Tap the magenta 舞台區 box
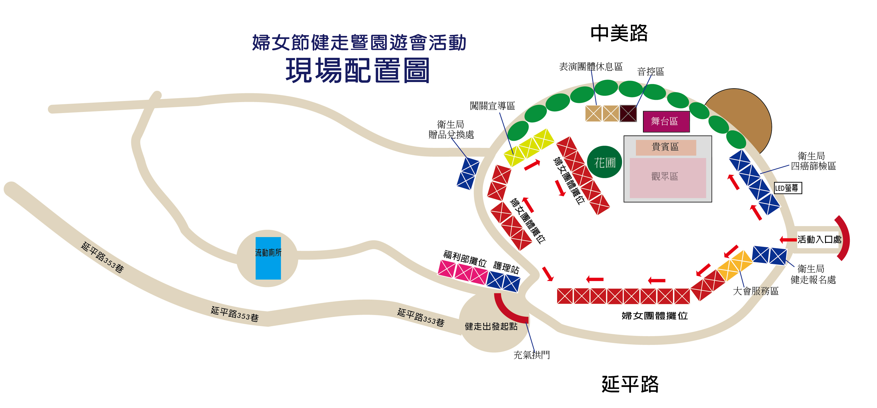point(666,122)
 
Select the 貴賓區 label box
point(666,147)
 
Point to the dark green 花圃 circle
point(605,162)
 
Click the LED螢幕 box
point(787,188)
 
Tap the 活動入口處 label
point(819,240)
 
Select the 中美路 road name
point(619,33)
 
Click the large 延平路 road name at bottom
point(630,384)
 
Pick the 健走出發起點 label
point(491,326)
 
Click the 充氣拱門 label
point(531,355)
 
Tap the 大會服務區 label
point(755,291)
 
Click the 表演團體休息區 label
point(591,66)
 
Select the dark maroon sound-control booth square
point(628,113)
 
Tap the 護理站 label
point(506,267)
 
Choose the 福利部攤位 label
point(465,258)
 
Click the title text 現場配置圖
point(357,71)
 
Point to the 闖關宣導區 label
point(492,106)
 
